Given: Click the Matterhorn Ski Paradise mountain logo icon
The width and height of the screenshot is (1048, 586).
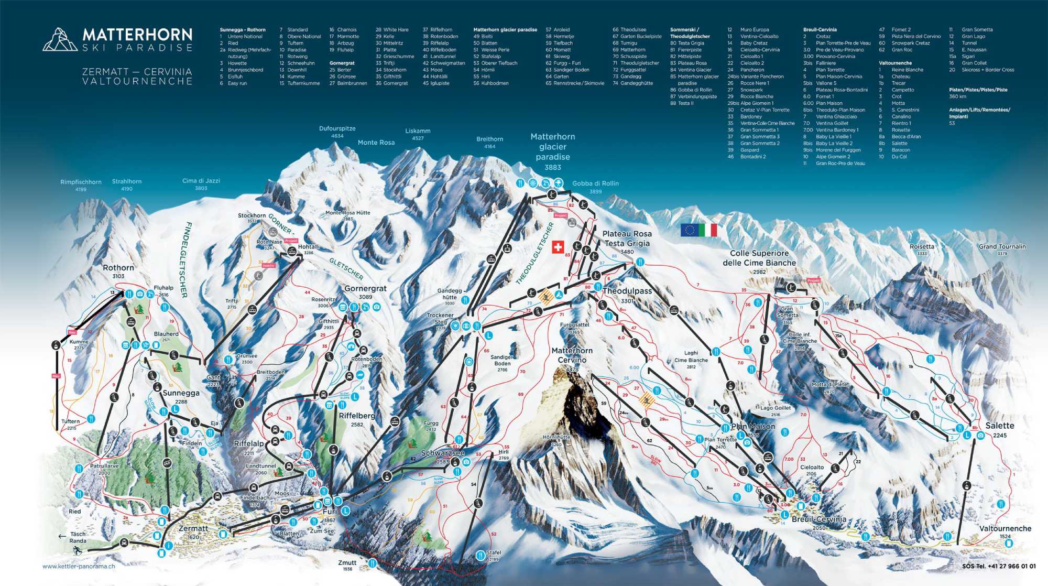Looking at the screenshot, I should coord(59,39).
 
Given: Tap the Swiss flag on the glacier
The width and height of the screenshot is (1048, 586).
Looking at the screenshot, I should coord(558,247).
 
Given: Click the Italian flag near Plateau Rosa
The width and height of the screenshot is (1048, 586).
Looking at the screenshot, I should coord(708,230).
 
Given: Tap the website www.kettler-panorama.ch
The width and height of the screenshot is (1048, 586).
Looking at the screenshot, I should coord(79,566).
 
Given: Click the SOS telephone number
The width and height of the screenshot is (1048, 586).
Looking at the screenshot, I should coord(999,566).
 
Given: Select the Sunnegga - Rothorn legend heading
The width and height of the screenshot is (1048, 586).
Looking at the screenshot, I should coord(243,30).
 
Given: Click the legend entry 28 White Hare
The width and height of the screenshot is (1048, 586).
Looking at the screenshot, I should coord(391,30).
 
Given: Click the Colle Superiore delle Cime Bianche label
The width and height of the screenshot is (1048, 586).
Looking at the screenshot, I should coord(759,258).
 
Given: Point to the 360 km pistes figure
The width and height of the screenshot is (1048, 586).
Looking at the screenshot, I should coord(957,96).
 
